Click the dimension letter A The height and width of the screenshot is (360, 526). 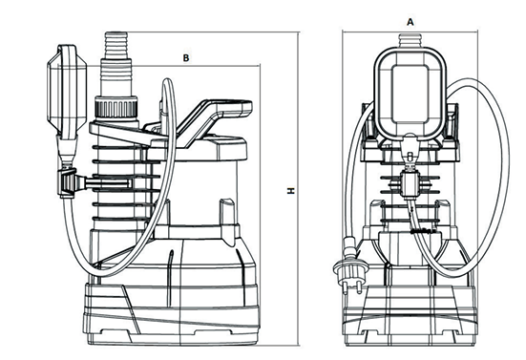(x=410, y=22)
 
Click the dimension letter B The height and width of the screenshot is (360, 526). (x=186, y=58)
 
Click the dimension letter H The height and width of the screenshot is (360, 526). (x=290, y=191)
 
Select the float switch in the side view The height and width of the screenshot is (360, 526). (x=67, y=91)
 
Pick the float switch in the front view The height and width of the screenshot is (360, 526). (x=410, y=93)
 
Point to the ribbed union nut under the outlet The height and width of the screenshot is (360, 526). (x=116, y=107)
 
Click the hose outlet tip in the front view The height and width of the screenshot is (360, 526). (x=410, y=40)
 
